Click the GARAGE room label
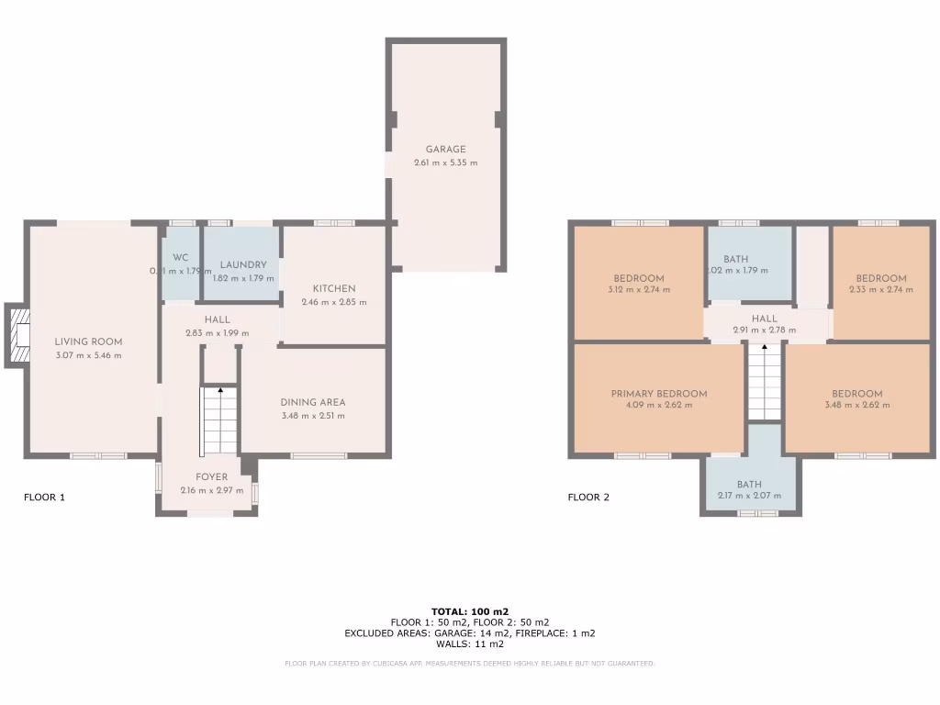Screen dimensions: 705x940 click(445, 150)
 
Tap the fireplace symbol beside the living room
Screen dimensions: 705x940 click(18, 335)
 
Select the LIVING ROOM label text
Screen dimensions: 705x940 click(88, 342)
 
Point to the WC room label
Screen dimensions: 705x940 click(180, 258)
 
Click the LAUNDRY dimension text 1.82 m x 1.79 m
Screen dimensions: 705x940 click(242, 278)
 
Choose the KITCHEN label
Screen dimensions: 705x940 click(334, 288)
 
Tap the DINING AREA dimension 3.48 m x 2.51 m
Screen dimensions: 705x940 click(313, 416)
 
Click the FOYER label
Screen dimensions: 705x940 click(212, 477)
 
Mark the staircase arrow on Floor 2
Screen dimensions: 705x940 click(764, 348)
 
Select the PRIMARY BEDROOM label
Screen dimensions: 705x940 click(659, 394)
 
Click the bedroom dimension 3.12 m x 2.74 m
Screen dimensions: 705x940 click(639, 289)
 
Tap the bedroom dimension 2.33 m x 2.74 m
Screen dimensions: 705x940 click(880, 289)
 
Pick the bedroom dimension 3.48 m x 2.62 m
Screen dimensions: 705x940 click(857, 405)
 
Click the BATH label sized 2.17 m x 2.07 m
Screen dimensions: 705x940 click(749, 485)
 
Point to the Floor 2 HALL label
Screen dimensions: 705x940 click(764, 319)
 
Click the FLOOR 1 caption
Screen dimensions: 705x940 click(44, 498)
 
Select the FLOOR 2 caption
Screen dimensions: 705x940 click(589, 498)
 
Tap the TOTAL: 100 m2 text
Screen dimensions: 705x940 click(470, 611)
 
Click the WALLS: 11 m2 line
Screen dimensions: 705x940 click(470, 643)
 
